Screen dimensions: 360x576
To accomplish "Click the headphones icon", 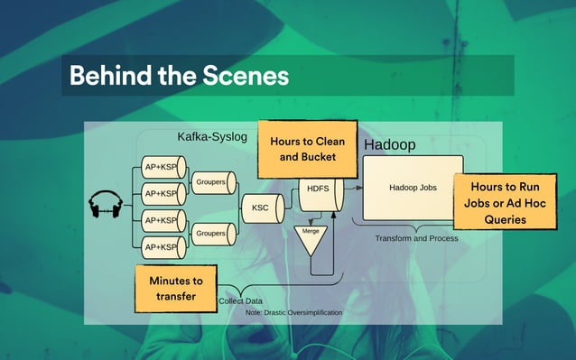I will pos(105,207).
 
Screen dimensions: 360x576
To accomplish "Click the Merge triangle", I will pos(311,237).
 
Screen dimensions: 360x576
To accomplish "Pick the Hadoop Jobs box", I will pos(413,188).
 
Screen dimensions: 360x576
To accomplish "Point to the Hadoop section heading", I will pos(389,144).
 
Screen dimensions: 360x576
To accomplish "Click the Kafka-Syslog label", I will pos(211,137).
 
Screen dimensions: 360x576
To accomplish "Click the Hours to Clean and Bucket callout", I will pos(307,149).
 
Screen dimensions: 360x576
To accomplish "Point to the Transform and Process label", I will pos(416,238).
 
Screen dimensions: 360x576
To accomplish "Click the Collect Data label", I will pos(243,300).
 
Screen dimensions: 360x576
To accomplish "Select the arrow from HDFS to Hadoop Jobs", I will pos(352,189).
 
